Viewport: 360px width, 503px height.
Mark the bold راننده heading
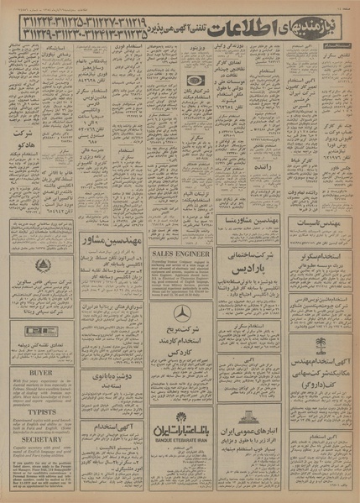click(x=249, y=167)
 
